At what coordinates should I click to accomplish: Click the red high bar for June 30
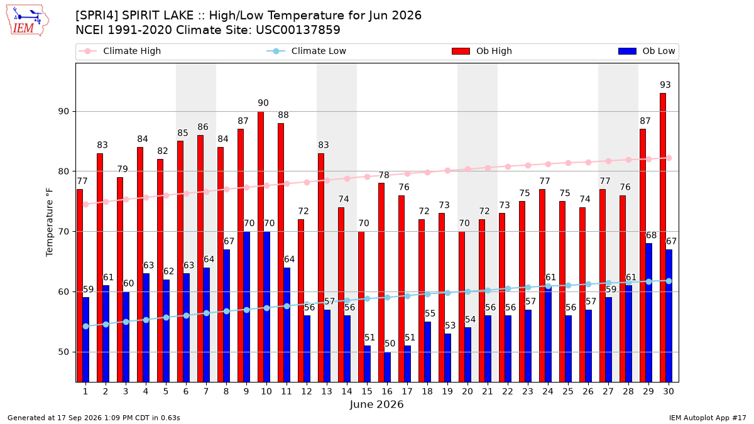[663, 237]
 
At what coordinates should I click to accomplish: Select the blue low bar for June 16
[388, 367]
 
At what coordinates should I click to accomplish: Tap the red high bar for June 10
[261, 247]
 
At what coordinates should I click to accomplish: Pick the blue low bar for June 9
[246, 307]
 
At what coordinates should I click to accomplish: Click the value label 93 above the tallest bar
[665, 85]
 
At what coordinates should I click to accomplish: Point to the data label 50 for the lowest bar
[390, 344]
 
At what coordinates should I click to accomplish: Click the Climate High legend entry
[119, 51]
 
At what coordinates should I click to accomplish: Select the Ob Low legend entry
[647, 51]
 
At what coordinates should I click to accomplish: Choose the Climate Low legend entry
[307, 51]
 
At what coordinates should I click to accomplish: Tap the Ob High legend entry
[482, 51]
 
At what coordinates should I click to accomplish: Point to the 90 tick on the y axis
[63, 111]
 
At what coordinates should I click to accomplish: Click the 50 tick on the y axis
[63, 352]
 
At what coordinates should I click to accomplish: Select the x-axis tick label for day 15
[367, 391]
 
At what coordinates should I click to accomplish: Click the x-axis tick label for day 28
[628, 391]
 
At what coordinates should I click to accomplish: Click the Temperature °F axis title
[50, 223]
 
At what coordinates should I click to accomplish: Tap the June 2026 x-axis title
[376, 405]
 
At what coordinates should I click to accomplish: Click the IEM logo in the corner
[28, 21]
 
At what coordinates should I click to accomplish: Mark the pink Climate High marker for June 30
[669, 158]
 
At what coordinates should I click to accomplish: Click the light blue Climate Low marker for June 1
[86, 327]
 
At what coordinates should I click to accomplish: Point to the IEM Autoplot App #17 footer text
[708, 418]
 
